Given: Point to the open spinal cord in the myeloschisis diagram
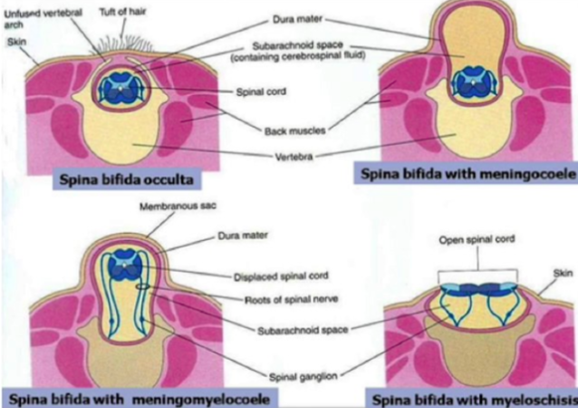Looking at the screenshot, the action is coord(476,287).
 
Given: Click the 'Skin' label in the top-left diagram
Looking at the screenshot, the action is coord(16,42).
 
